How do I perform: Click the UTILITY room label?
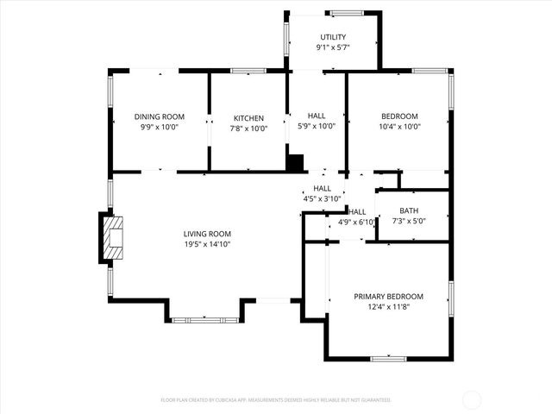click(x=333, y=37)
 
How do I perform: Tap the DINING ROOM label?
click(x=160, y=117)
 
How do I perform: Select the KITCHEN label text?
click(x=248, y=118)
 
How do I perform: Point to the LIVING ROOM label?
click(x=207, y=234)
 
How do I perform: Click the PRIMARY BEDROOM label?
click(x=388, y=297)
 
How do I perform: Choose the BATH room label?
click(x=410, y=210)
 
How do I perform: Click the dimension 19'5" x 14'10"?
click(x=207, y=244)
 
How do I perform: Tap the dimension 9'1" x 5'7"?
click(x=333, y=48)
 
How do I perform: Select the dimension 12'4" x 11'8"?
click(x=388, y=307)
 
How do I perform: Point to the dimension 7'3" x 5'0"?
click(x=410, y=221)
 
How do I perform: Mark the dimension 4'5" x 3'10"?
click(x=323, y=199)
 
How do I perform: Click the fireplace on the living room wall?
click(x=112, y=236)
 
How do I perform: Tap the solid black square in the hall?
click(x=295, y=162)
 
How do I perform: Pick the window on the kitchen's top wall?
click(x=248, y=71)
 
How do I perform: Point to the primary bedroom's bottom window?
click(x=388, y=357)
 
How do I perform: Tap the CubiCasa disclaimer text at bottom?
click(x=276, y=400)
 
